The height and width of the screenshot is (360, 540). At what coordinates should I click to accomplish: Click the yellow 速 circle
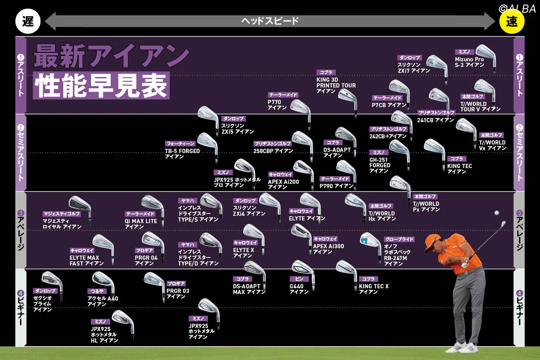pyautogui.click(x=511, y=22)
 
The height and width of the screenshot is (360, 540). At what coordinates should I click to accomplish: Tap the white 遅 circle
pyautogui.click(x=28, y=22)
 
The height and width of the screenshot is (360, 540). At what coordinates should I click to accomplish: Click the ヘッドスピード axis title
pyautogui.click(x=270, y=21)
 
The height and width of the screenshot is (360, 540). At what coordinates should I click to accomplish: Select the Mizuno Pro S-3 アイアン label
pyautogui.click(x=469, y=62)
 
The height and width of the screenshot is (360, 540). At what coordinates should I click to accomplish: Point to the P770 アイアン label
pyautogui.click(x=277, y=105)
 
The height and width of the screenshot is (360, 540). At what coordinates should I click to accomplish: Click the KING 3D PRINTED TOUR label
pyautogui.click(x=336, y=85)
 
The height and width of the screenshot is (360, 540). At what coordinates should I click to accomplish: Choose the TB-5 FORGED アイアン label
pyautogui.click(x=182, y=154)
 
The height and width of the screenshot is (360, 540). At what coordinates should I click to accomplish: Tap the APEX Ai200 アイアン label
pyautogui.click(x=283, y=184)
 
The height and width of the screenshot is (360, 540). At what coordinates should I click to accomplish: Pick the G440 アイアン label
pyautogui.click(x=299, y=289)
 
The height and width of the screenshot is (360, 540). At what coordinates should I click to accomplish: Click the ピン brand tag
pyautogui.click(x=299, y=279)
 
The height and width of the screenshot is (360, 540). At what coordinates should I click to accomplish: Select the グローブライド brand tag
pyautogui.click(x=399, y=239)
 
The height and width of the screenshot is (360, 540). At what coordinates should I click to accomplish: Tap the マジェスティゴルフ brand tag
pyautogui.click(x=62, y=214)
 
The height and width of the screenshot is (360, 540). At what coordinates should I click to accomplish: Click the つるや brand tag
pyautogui.click(x=97, y=291)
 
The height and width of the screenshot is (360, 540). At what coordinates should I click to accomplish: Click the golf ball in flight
pyautogui.click(x=497, y=213)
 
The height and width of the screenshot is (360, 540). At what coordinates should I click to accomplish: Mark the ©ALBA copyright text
pyautogui.click(x=517, y=9)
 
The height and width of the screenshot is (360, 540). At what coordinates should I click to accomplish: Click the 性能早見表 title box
pyautogui.click(x=101, y=86)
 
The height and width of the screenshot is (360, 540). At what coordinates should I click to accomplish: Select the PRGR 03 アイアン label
pyautogui.click(x=177, y=294)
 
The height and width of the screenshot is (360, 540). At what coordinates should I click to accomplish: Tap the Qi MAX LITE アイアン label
pyautogui.click(x=140, y=224)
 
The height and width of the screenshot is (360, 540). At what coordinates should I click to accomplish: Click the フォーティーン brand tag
pyautogui.click(x=180, y=144)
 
